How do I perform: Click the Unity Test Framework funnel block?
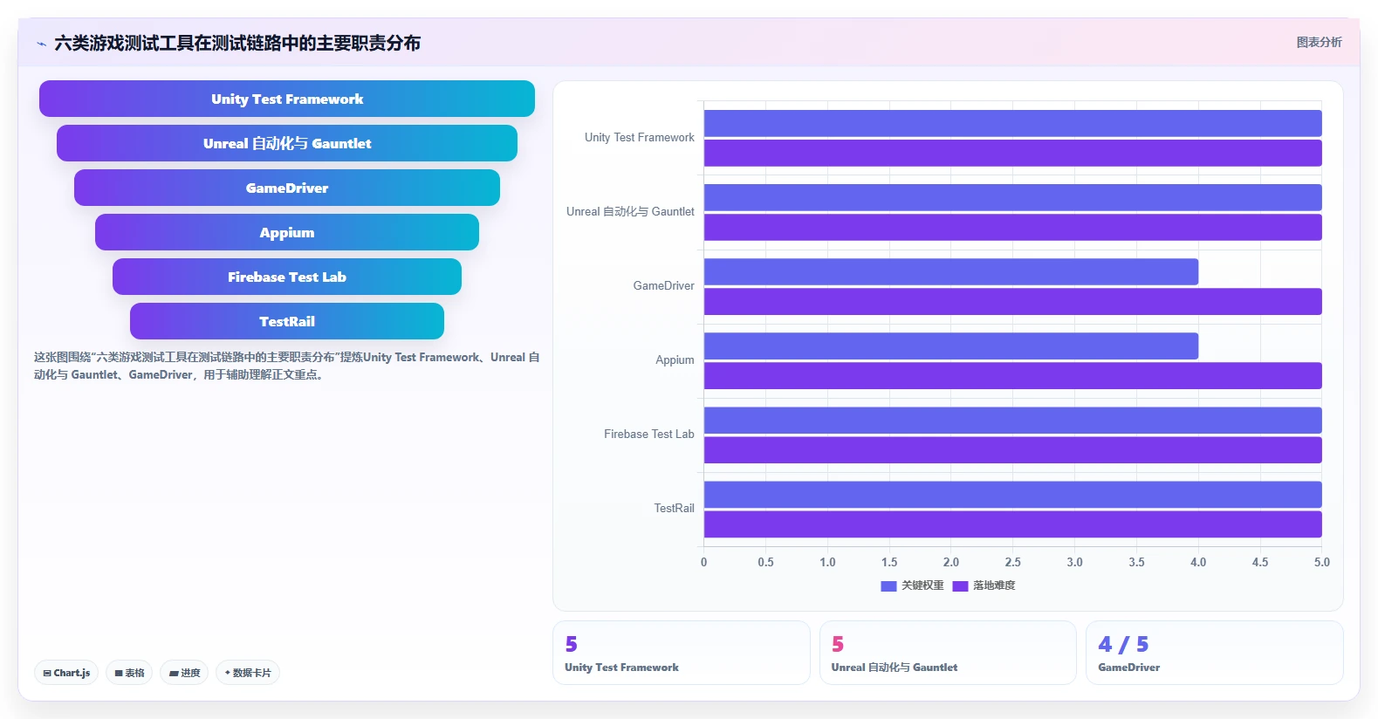[286, 99]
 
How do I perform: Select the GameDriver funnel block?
[286, 188]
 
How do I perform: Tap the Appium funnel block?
[286, 232]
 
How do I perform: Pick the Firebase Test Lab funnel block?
[286, 277]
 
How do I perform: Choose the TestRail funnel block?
[286, 321]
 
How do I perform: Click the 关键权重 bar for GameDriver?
[951, 272]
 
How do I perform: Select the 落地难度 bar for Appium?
[1012, 376]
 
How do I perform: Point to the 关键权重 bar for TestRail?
[1012, 495]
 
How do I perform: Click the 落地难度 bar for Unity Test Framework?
[1012, 154]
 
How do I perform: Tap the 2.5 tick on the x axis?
[1012, 562]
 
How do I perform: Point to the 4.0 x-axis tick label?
[1197, 562]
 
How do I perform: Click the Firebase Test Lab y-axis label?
[649, 435]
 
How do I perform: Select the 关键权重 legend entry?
[912, 585]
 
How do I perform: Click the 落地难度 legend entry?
[984, 585]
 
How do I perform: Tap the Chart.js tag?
[66, 673]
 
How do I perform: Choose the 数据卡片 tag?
[247, 673]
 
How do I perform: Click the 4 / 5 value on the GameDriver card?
[1123, 644]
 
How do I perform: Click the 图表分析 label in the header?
[1319, 43]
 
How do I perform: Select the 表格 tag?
[129, 673]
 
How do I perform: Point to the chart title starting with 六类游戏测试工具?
[237, 43]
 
